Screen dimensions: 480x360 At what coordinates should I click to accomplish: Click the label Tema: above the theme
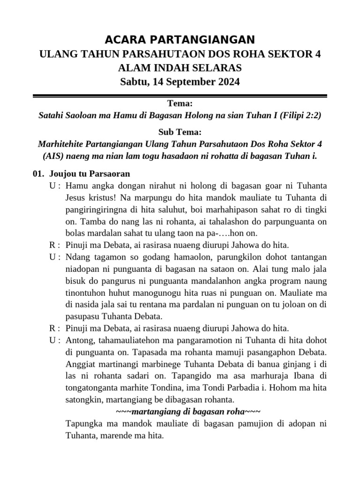coord(180,103)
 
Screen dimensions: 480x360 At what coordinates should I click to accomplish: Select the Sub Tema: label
coord(180,132)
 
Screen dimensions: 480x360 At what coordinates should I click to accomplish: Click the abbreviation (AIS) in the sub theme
coord(53,156)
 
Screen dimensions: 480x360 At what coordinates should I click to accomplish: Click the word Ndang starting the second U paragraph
coord(77,257)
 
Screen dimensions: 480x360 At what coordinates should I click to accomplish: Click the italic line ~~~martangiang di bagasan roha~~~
coord(188,412)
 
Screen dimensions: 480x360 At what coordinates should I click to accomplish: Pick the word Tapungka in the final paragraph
coord(82,424)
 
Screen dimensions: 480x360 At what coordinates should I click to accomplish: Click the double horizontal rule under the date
coord(180,96)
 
